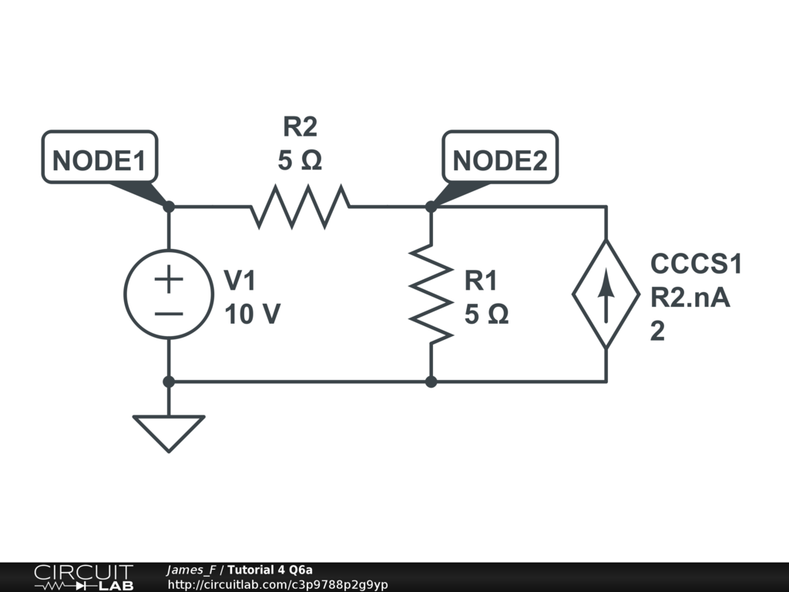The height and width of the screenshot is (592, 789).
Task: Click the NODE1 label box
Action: click(99, 160)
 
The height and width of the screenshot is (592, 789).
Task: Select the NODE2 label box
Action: click(500, 160)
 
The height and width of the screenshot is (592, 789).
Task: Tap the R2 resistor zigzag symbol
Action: click(300, 207)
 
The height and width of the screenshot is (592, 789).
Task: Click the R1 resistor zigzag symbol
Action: click(431, 294)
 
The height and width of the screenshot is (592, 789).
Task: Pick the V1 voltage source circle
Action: click(169, 294)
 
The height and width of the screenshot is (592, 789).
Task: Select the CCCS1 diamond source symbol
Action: click(606, 294)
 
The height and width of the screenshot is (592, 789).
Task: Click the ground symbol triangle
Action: click(169, 432)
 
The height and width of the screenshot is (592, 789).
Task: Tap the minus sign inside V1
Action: click(169, 313)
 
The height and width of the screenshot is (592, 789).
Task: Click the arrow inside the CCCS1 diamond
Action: click(606, 298)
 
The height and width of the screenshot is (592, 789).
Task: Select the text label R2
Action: click(300, 126)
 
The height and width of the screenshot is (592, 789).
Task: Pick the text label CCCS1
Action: click(696, 264)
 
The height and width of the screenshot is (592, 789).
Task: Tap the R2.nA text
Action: click(690, 297)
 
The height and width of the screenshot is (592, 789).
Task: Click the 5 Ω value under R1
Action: click(486, 314)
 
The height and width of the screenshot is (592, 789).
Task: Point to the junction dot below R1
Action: click(431, 382)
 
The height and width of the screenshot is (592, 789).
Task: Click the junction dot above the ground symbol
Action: click(169, 382)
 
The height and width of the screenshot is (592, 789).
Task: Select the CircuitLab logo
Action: click(83, 577)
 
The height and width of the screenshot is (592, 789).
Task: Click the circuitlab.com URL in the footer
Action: click(277, 584)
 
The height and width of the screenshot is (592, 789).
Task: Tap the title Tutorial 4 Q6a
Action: click(270, 570)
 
